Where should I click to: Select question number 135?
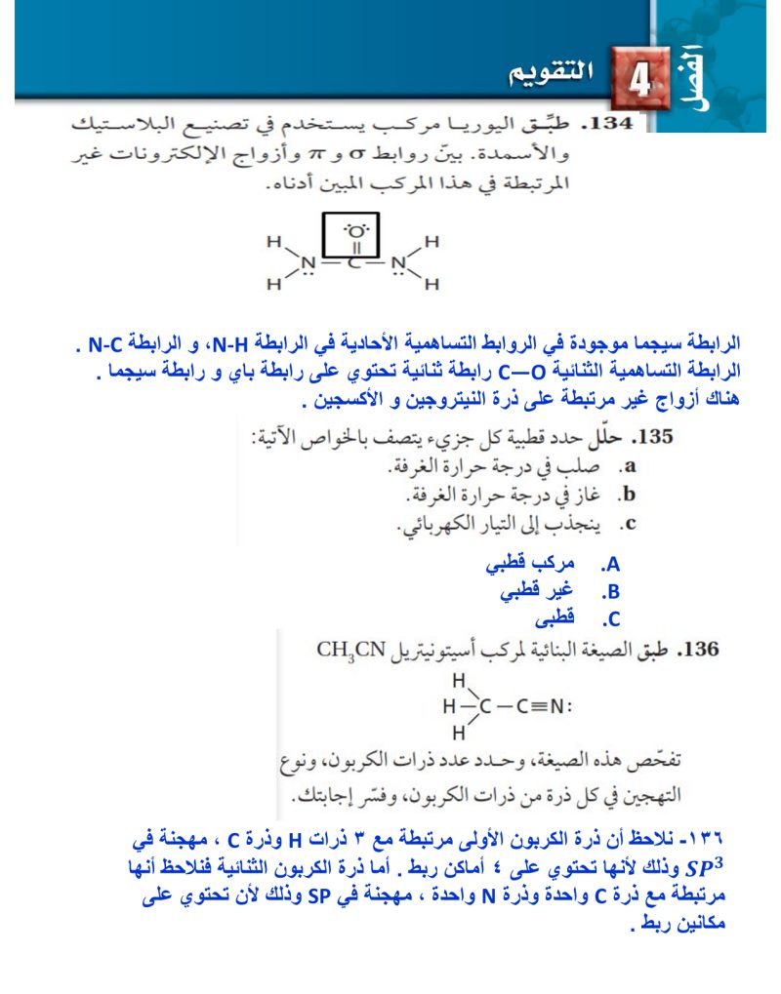(x=651, y=437)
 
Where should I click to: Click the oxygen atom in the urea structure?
(x=356, y=232)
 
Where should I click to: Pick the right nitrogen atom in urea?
(x=397, y=263)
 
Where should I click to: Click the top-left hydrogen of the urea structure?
(x=274, y=240)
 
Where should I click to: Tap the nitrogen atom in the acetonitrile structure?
(x=557, y=704)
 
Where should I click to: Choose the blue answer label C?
(x=611, y=618)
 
